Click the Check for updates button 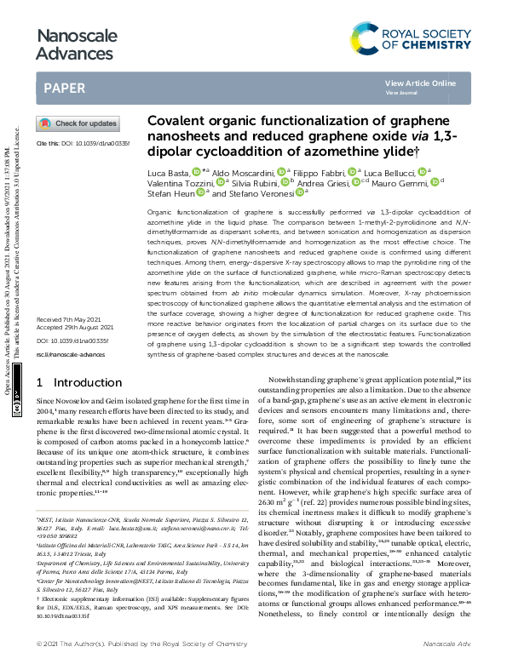78,123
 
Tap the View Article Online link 420,83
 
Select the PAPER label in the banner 64,88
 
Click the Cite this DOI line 82,144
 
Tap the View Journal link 401,92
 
